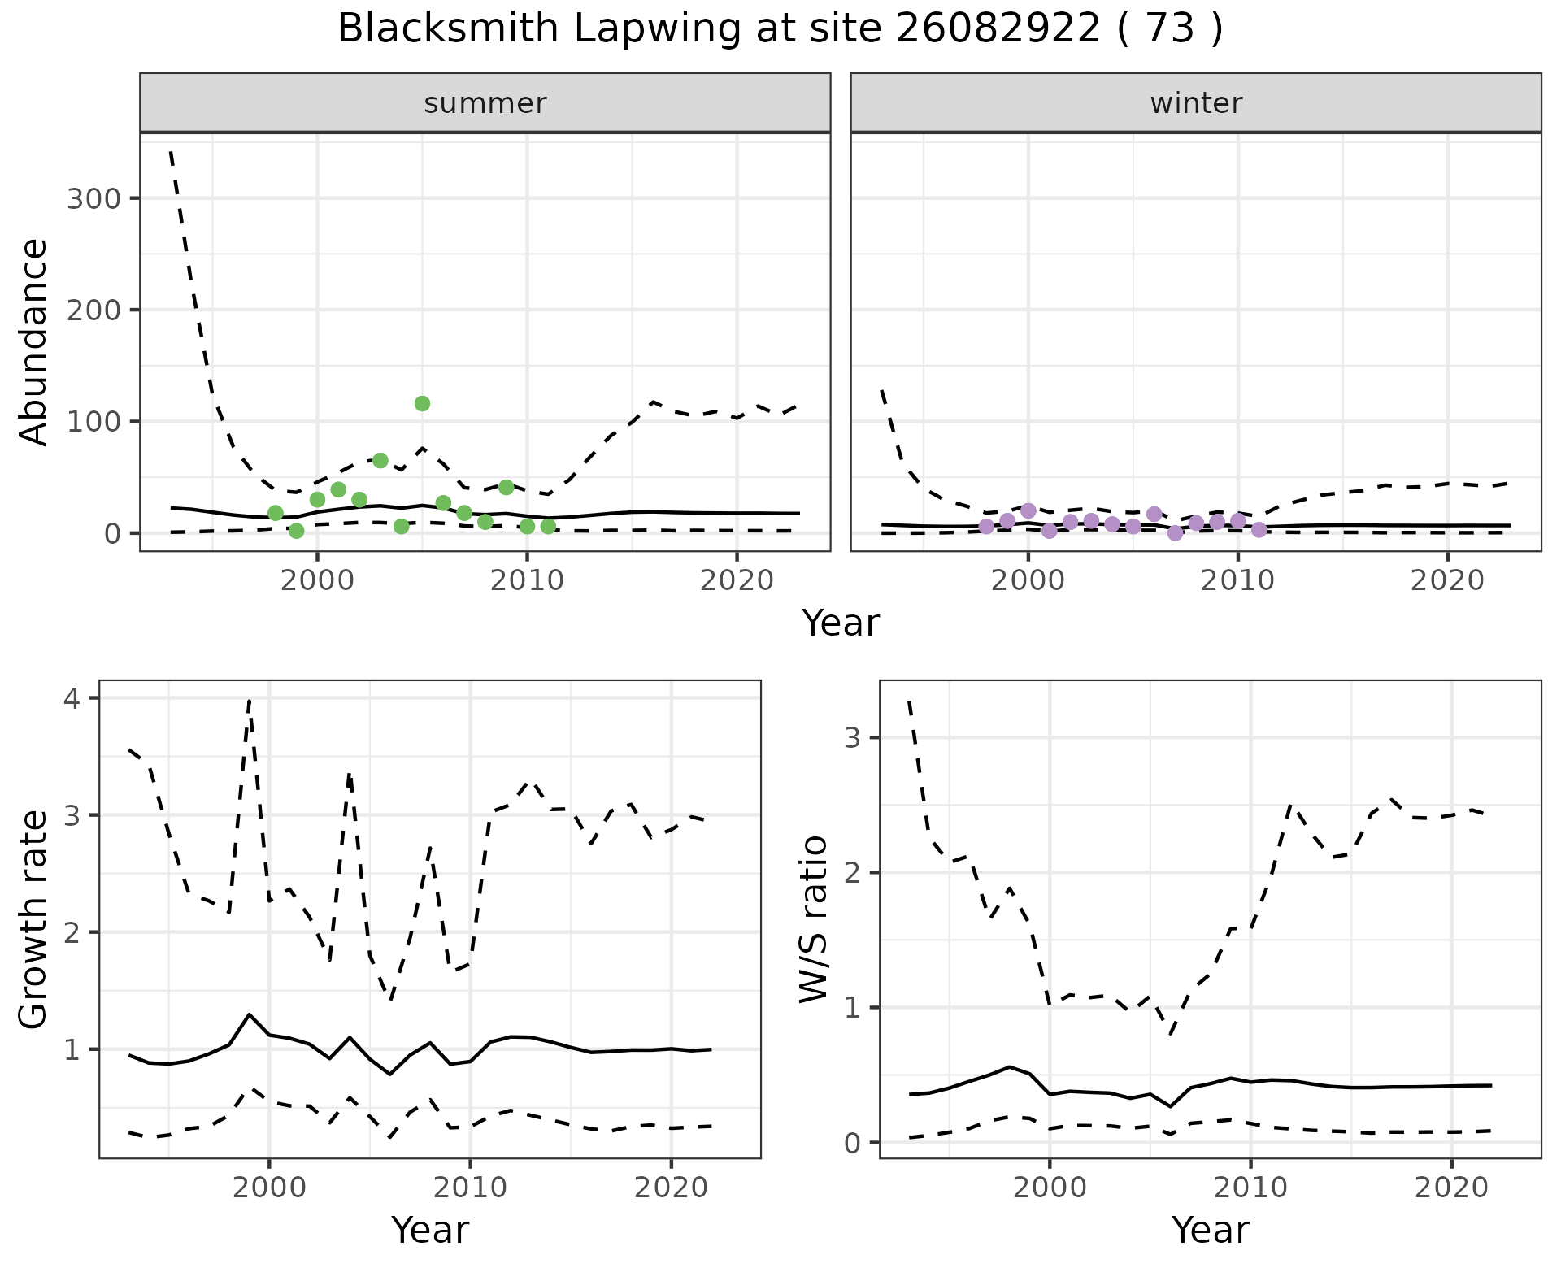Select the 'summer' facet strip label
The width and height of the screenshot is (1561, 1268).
coord(485,103)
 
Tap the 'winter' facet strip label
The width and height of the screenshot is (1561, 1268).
coord(1195,103)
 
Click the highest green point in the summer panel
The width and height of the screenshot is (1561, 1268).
coord(422,403)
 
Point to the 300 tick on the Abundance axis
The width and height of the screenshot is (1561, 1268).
coord(93,199)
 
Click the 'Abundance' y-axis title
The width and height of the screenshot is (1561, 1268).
coord(34,341)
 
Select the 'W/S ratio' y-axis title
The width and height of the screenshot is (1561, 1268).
coord(813,918)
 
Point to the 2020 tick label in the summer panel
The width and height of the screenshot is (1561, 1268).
coord(737,580)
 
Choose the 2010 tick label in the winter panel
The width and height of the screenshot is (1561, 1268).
coord(1237,580)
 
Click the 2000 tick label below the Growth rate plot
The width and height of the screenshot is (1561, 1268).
coord(269,1188)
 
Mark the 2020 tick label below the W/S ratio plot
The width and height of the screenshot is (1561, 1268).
coord(1451,1188)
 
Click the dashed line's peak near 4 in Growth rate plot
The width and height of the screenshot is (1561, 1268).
coord(249,699)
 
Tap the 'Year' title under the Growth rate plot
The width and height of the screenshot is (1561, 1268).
coord(429,1231)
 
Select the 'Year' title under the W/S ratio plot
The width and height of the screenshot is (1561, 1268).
coord(1210,1231)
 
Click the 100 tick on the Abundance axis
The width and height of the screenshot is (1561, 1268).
coord(93,422)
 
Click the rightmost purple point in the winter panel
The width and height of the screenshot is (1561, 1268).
coord(1259,529)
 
